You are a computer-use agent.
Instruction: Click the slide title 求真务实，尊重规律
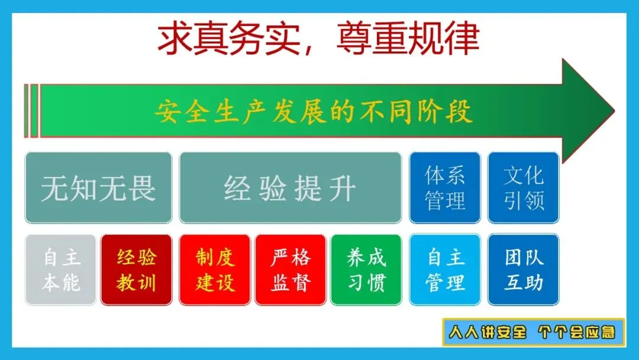(x=318, y=38)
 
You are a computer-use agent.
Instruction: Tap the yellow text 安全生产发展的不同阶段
(x=314, y=111)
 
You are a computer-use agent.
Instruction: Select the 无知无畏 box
(x=98, y=188)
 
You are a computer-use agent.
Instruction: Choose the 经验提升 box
(x=290, y=188)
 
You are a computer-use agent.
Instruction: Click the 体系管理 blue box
(x=444, y=188)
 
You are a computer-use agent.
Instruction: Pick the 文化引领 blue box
(x=523, y=188)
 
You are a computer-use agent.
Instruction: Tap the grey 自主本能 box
(x=61, y=270)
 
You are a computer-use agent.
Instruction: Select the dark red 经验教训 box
(x=137, y=270)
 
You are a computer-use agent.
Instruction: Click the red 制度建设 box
(x=215, y=270)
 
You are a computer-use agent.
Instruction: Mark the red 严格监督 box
(x=291, y=270)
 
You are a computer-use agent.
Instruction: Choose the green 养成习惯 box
(x=366, y=270)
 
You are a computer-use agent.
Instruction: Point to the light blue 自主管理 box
(x=444, y=270)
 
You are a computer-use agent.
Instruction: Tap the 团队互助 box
(x=523, y=270)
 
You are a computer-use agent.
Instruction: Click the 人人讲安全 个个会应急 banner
(x=534, y=332)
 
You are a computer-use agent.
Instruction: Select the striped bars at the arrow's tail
(x=31, y=111)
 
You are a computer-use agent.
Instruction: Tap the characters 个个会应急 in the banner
(x=576, y=332)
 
